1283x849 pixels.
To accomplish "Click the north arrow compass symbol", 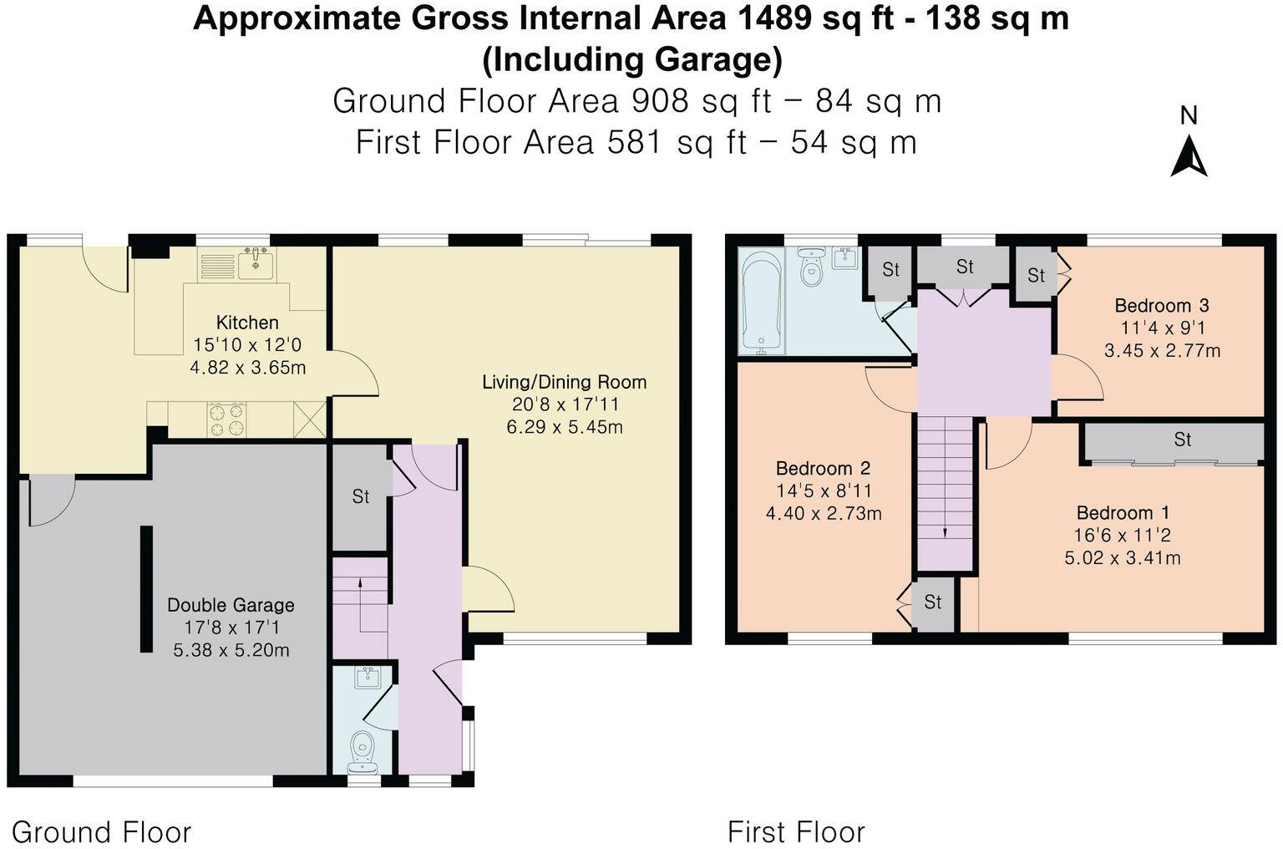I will [x=1189, y=155].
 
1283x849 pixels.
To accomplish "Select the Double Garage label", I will [x=231, y=605].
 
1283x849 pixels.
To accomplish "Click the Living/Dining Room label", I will [x=565, y=383].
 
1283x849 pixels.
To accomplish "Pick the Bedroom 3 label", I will [x=1162, y=306].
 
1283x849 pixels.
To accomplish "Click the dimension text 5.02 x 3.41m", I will [x=1123, y=558].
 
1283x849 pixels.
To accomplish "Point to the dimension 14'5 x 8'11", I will [x=824, y=491].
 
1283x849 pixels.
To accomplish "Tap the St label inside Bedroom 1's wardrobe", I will [x=1182, y=440].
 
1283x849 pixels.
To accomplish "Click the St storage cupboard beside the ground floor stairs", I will [x=360, y=497].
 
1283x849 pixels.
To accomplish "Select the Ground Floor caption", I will [x=102, y=832].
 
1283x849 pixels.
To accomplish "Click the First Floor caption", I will [x=796, y=832].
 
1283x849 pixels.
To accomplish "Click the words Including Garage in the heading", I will [x=632, y=59].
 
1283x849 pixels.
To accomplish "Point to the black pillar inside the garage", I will [x=146, y=588].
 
